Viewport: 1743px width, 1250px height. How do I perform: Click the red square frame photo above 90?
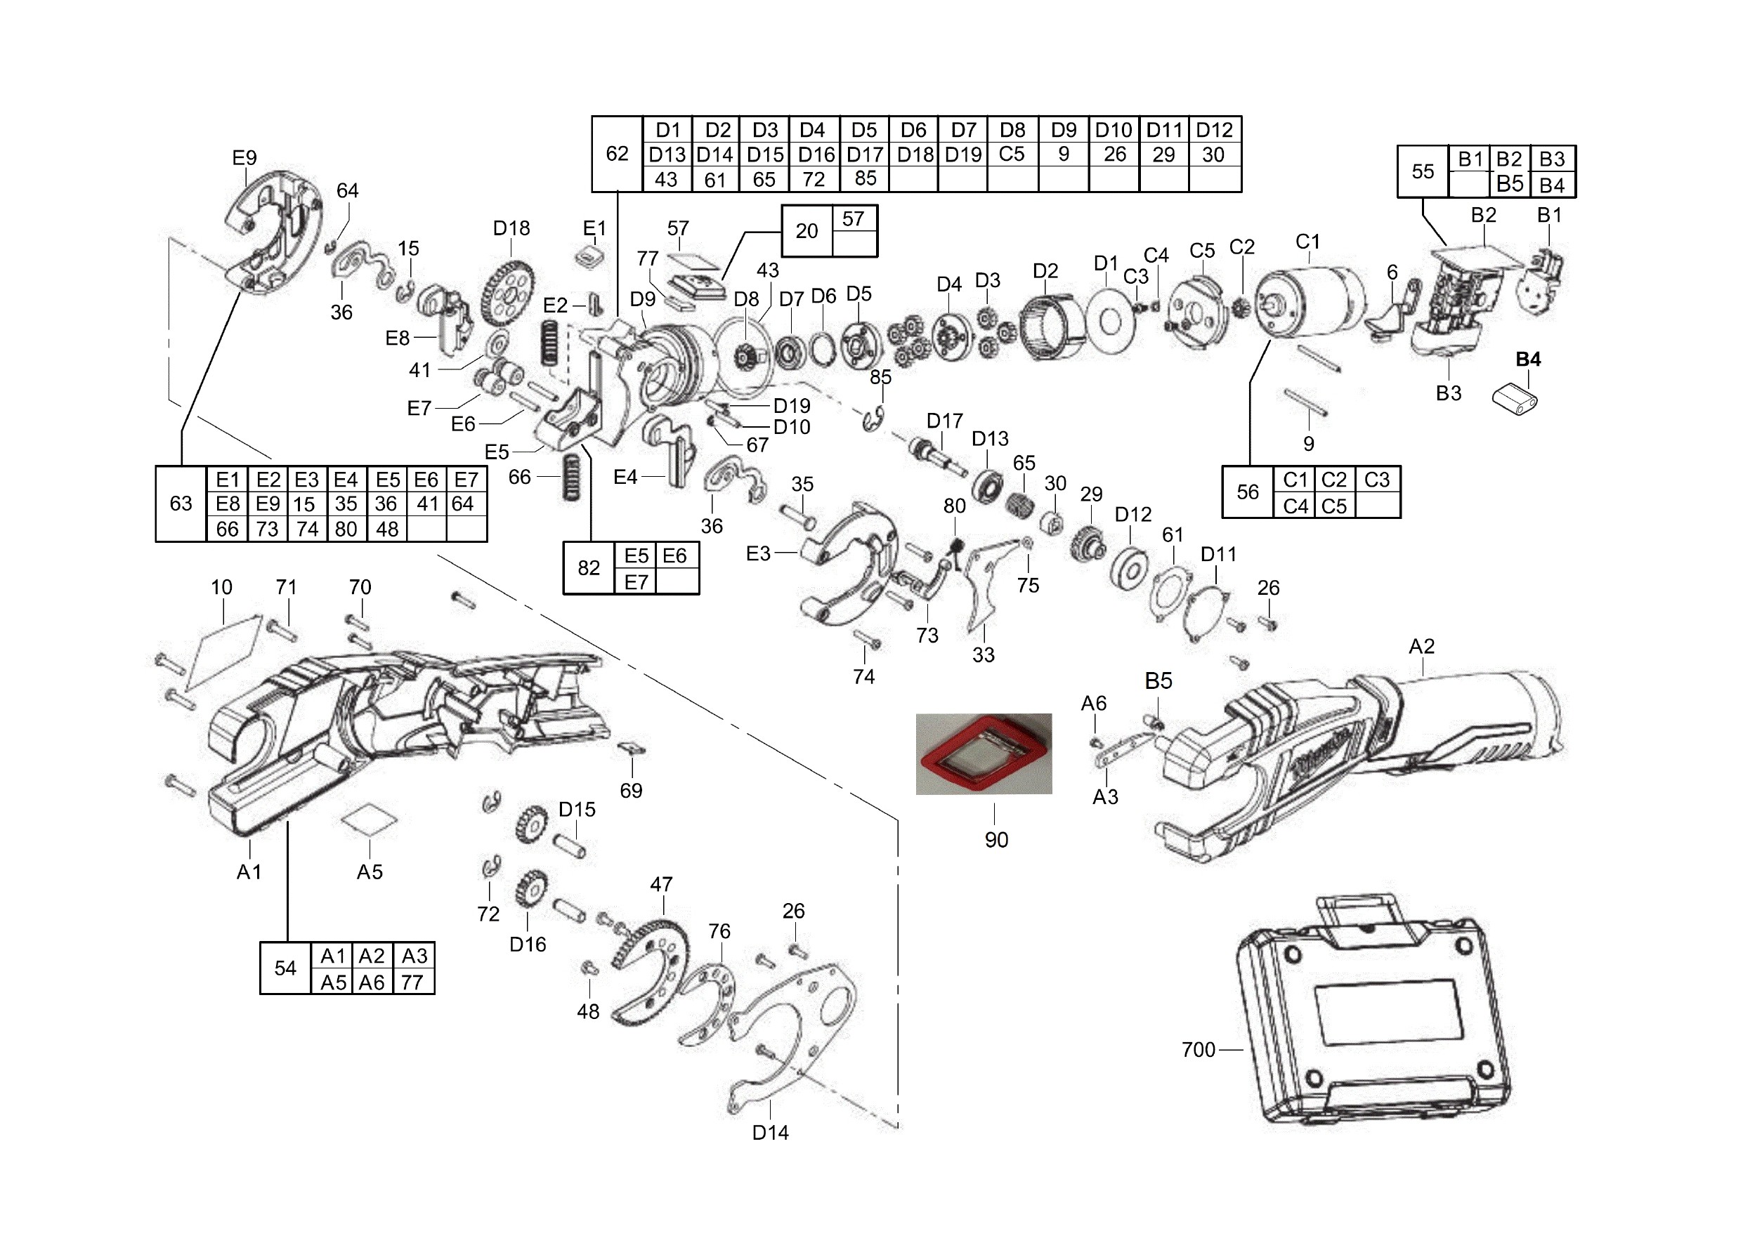click(984, 754)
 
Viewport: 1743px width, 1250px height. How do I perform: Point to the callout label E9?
click(244, 157)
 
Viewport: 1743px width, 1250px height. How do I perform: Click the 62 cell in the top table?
click(617, 154)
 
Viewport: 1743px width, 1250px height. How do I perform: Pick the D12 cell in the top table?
click(1214, 130)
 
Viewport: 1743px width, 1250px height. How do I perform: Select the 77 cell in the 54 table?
click(412, 982)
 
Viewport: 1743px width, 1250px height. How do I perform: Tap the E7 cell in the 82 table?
click(637, 581)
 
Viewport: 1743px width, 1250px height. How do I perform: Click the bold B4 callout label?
click(1528, 359)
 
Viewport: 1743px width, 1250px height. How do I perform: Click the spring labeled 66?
click(571, 477)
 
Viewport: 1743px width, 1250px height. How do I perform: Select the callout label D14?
click(770, 1133)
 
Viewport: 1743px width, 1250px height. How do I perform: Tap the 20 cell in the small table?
click(807, 230)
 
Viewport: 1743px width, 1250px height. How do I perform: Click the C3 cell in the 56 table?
click(1376, 480)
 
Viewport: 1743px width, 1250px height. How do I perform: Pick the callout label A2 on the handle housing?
click(1421, 646)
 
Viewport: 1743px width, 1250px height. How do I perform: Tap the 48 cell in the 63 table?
click(386, 529)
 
